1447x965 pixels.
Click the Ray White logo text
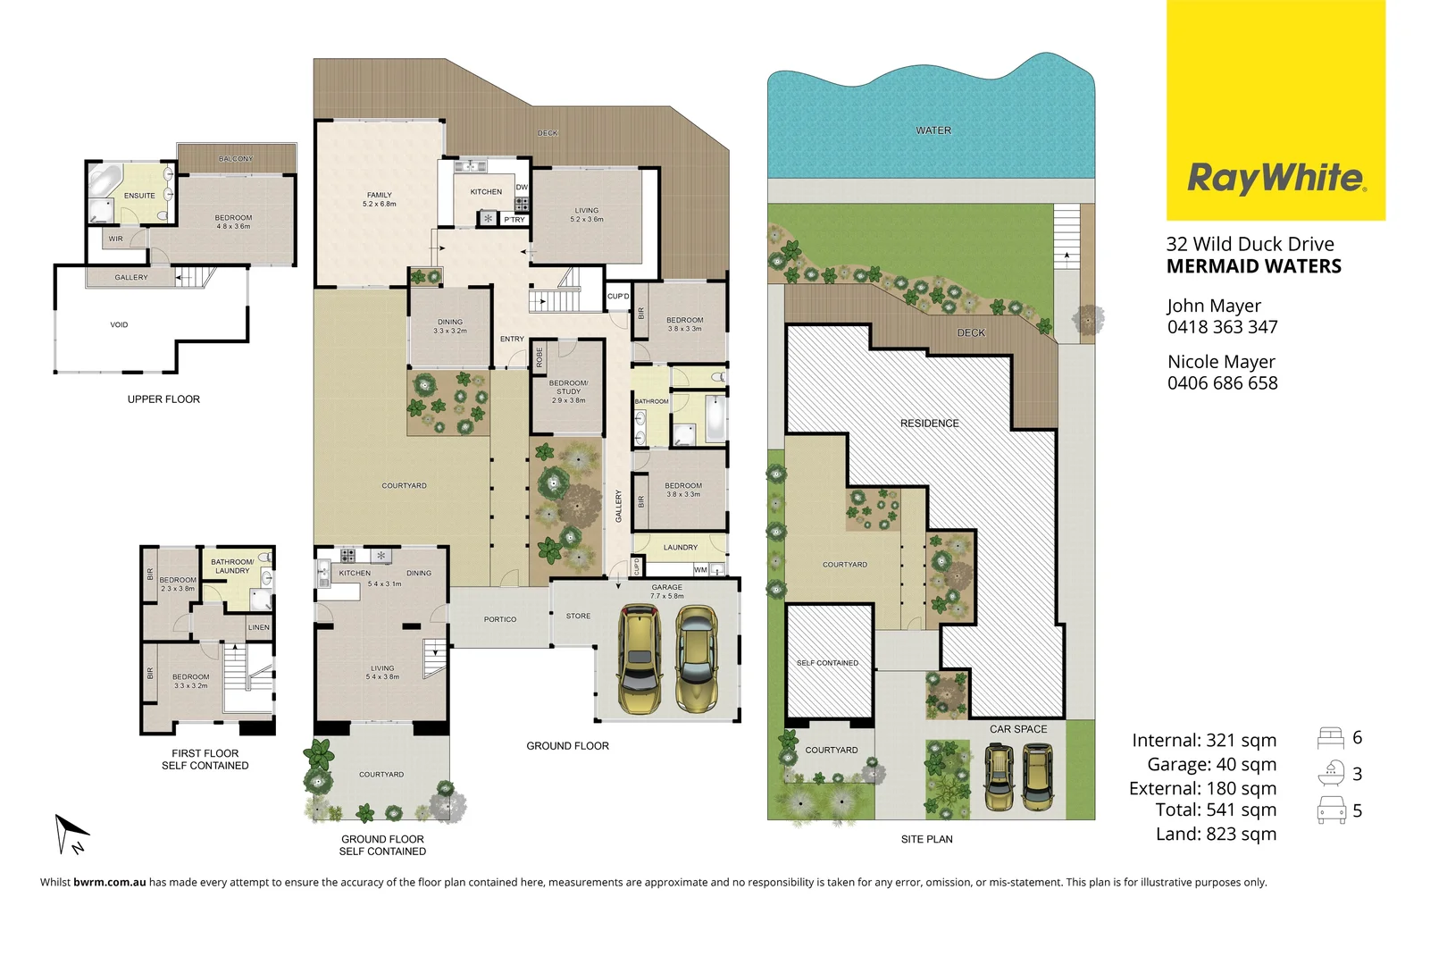point(1276,178)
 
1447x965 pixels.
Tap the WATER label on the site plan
point(933,130)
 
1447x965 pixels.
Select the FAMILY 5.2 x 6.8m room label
point(380,199)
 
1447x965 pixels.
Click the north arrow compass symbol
point(71,835)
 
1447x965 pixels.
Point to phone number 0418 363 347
point(1222,327)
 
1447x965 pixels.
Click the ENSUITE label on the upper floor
point(139,196)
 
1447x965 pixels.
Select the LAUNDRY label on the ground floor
point(680,548)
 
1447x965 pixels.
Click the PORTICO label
point(500,619)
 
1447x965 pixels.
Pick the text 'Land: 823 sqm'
point(1216,834)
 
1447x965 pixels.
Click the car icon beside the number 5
point(1331,810)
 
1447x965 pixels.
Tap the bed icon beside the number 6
point(1331,738)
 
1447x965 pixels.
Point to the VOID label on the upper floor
point(119,325)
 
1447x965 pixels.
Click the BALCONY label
point(236,159)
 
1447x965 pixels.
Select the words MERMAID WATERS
point(1253,266)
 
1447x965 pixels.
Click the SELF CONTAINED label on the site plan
point(827,663)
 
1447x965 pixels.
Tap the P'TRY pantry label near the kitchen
point(514,220)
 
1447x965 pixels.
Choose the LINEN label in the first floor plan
point(259,627)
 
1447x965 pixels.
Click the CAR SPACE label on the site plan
point(1017,729)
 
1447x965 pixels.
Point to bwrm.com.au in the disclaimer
point(110,882)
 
